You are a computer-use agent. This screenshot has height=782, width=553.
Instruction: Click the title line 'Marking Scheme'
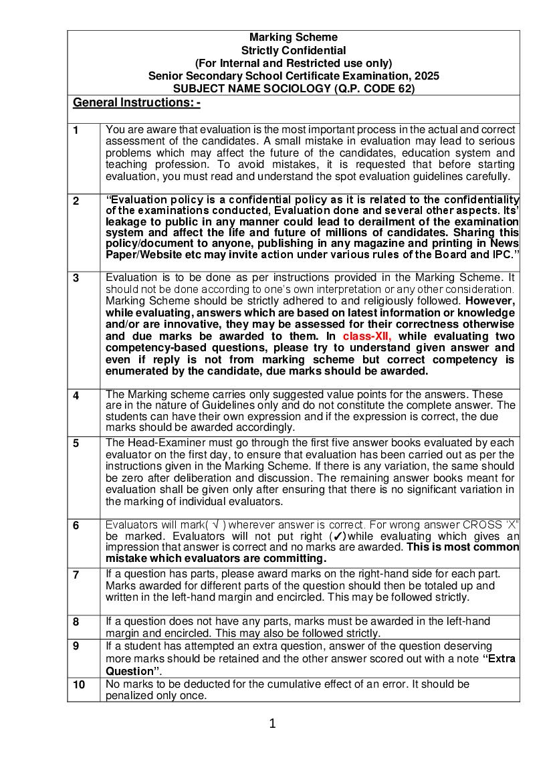click(x=294, y=37)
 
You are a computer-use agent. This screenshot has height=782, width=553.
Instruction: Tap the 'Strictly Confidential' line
click(x=294, y=50)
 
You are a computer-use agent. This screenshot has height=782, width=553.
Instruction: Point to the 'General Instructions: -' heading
click(x=136, y=102)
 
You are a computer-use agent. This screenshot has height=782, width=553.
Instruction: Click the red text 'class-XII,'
click(x=367, y=336)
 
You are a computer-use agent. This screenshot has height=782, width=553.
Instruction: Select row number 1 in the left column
click(x=76, y=130)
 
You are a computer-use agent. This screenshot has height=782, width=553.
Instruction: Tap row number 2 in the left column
click(x=76, y=201)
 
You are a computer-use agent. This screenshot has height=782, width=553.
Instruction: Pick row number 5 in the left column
click(x=76, y=443)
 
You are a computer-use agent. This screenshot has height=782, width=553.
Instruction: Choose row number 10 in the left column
click(x=79, y=685)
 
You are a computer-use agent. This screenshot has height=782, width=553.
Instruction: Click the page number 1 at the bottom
click(x=272, y=723)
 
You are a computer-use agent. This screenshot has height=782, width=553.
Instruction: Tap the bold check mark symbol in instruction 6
click(x=339, y=536)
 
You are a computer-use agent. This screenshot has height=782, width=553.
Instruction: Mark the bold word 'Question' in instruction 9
click(x=130, y=671)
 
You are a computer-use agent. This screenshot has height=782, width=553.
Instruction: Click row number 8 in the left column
click(x=76, y=622)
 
